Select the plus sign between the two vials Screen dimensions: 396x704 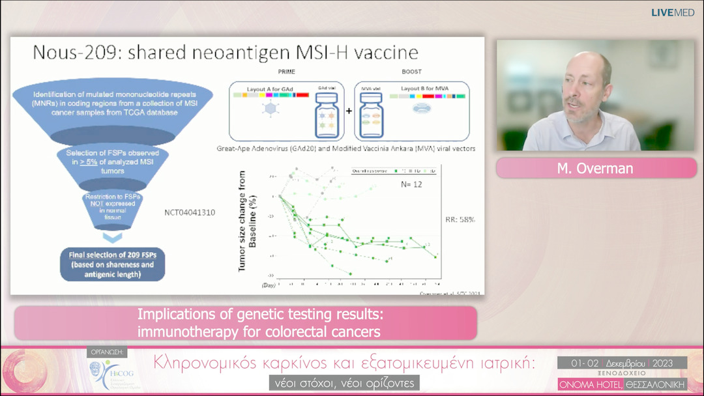point(349,111)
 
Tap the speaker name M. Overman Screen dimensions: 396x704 point(596,168)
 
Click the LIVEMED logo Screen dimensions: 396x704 point(673,12)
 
